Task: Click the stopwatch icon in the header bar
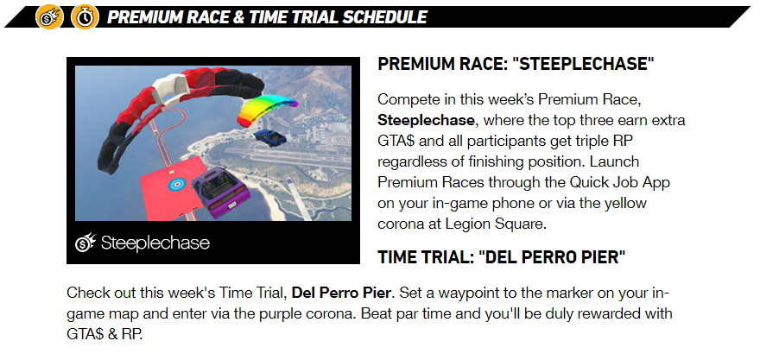pos(85,17)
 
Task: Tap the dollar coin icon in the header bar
pos(49,17)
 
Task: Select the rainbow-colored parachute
pos(266,110)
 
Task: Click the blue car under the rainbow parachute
pos(270,137)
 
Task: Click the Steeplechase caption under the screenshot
pos(155,243)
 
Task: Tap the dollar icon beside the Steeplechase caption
pos(85,243)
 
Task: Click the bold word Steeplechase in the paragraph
pos(426,120)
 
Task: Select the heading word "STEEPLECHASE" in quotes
pos(582,64)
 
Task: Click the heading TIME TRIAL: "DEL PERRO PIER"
pos(501,257)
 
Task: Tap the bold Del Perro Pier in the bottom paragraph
pos(341,294)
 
